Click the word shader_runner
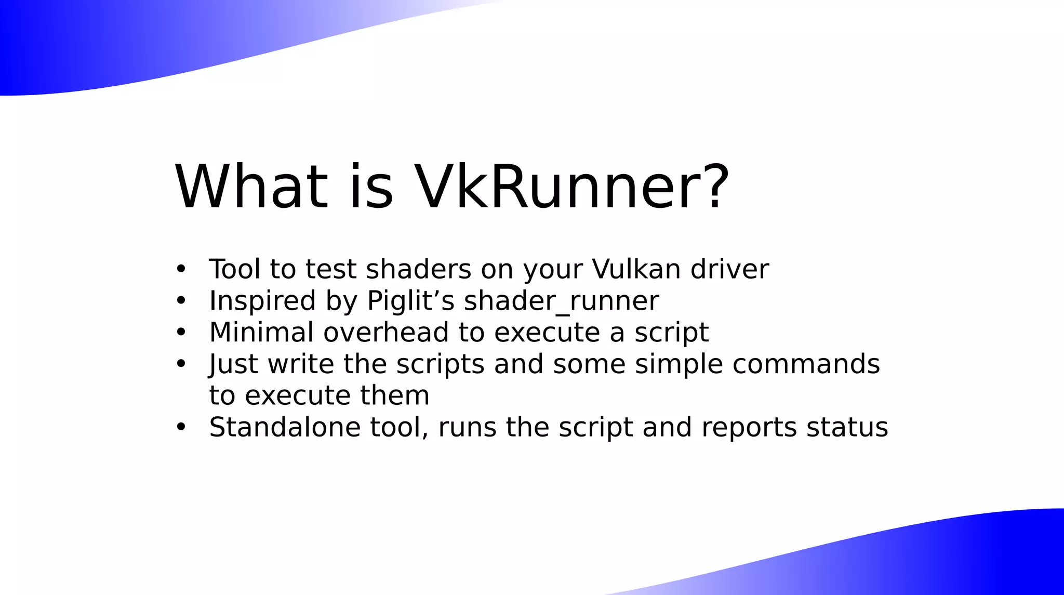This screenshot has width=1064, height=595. (561, 301)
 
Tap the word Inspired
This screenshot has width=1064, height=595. (262, 301)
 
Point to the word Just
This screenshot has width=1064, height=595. (233, 364)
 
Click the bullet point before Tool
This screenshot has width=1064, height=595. (181, 269)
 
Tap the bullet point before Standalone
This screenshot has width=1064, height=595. (181, 427)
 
